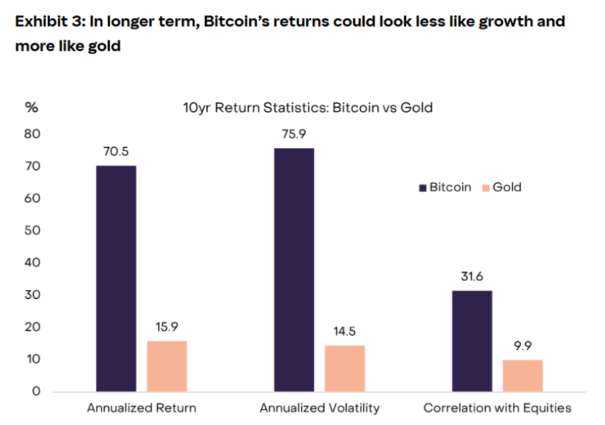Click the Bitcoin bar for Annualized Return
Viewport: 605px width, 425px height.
click(116, 278)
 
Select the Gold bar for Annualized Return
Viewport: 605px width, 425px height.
click(166, 366)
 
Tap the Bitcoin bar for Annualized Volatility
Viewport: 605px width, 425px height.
click(294, 269)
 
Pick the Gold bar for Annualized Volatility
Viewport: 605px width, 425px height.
click(344, 368)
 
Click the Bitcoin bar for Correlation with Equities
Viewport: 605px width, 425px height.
click(472, 341)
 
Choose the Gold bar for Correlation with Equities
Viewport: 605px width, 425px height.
click(522, 376)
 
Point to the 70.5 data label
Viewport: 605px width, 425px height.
click(116, 151)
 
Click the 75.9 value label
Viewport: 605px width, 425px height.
click(294, 133)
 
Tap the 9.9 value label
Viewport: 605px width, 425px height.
click(522, 346)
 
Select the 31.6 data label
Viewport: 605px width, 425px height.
click(472, 276)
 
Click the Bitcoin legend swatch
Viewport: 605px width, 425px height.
click(424, 188)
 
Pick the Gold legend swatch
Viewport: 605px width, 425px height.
click(486, 188)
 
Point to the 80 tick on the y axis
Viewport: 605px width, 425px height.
click(33, 134)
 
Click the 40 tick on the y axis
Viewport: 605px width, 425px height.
click(33, 263)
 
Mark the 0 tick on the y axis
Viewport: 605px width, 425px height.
click(36, 391)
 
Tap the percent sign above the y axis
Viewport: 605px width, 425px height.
click(31, 107)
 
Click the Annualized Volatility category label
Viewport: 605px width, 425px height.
click(319, 407)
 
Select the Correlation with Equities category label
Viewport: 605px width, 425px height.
click(497, 407)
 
